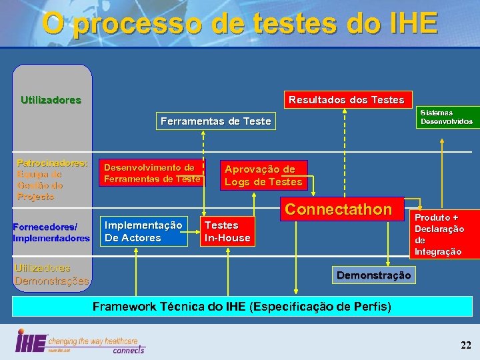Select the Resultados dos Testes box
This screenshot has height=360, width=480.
(x=346, y=99)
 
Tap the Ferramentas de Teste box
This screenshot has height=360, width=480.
(x=215, y=121)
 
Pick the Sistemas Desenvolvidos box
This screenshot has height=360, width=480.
(x=446, y=117)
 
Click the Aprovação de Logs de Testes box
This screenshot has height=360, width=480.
(x=263, y=175)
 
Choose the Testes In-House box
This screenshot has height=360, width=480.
(x=227, y=232)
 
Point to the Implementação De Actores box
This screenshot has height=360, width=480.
(x=143, y=232)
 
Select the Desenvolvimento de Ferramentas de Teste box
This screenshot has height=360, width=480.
(x=152, y=173)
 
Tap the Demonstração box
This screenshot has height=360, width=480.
(x=374, y=275)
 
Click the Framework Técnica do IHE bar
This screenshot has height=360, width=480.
(x=241, y=307)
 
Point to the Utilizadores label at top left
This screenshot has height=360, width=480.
(x=51, y=101)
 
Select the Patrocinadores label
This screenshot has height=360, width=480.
(x=51, y=163)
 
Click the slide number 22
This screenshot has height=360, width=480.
(x=465, y=345)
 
